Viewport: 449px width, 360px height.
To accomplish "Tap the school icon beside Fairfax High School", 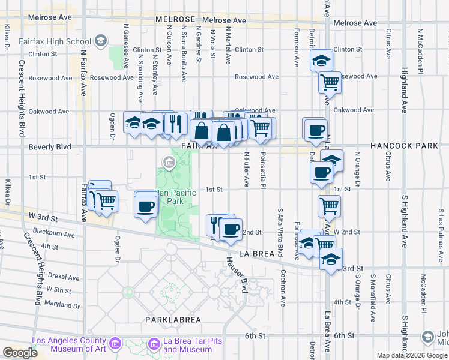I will [x=101, y=41].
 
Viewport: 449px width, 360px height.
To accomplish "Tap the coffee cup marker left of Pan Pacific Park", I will [x=146, y=206].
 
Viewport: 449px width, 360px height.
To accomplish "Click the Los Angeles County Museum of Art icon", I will [x=116, y=344].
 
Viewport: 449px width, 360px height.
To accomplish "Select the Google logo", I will [x=20, y=353].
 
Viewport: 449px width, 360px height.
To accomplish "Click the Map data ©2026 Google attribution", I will [x=412, y=355].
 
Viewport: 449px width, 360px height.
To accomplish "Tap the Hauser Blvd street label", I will [x=237, y=271].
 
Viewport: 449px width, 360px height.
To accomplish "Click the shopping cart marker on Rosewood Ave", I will [x=330, y=82].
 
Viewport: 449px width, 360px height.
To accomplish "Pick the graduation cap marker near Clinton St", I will [x=321, y=60].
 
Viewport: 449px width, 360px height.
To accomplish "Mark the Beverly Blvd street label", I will [x=50, y=147].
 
